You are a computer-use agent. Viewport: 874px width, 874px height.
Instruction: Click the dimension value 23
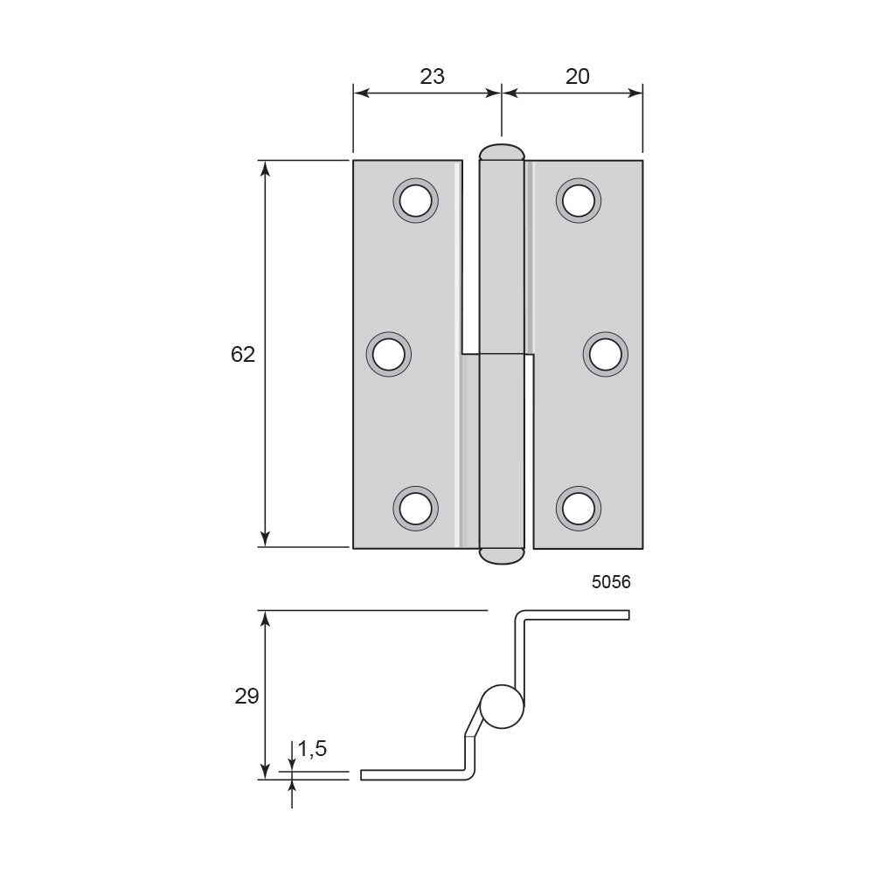pyautogui.click(x=432, y=76)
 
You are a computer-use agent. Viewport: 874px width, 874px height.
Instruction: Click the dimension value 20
pyautogui.click(x=577, y=76)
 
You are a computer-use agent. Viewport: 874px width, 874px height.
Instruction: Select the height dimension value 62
pyautogui.click(x=243, y=354)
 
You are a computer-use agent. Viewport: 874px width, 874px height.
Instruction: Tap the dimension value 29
pyautogui.click(x=246, y=696)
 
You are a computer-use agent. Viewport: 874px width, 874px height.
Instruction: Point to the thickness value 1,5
pyautogui.click(x=312, y=749)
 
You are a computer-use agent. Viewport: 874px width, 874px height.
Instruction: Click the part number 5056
pyautogui.click(x=611, y=582)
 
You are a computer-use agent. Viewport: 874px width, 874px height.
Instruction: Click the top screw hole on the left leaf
pyautogui.click(x=415, y=201)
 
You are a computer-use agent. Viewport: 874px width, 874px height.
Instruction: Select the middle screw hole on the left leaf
pyautogui.click(x=389, y=355)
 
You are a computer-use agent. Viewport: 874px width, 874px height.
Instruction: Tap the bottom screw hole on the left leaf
pyautogui.click(x=415, y=509)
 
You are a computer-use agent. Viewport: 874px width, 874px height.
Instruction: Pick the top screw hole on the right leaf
pyautogui.click(x=578, y=201)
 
